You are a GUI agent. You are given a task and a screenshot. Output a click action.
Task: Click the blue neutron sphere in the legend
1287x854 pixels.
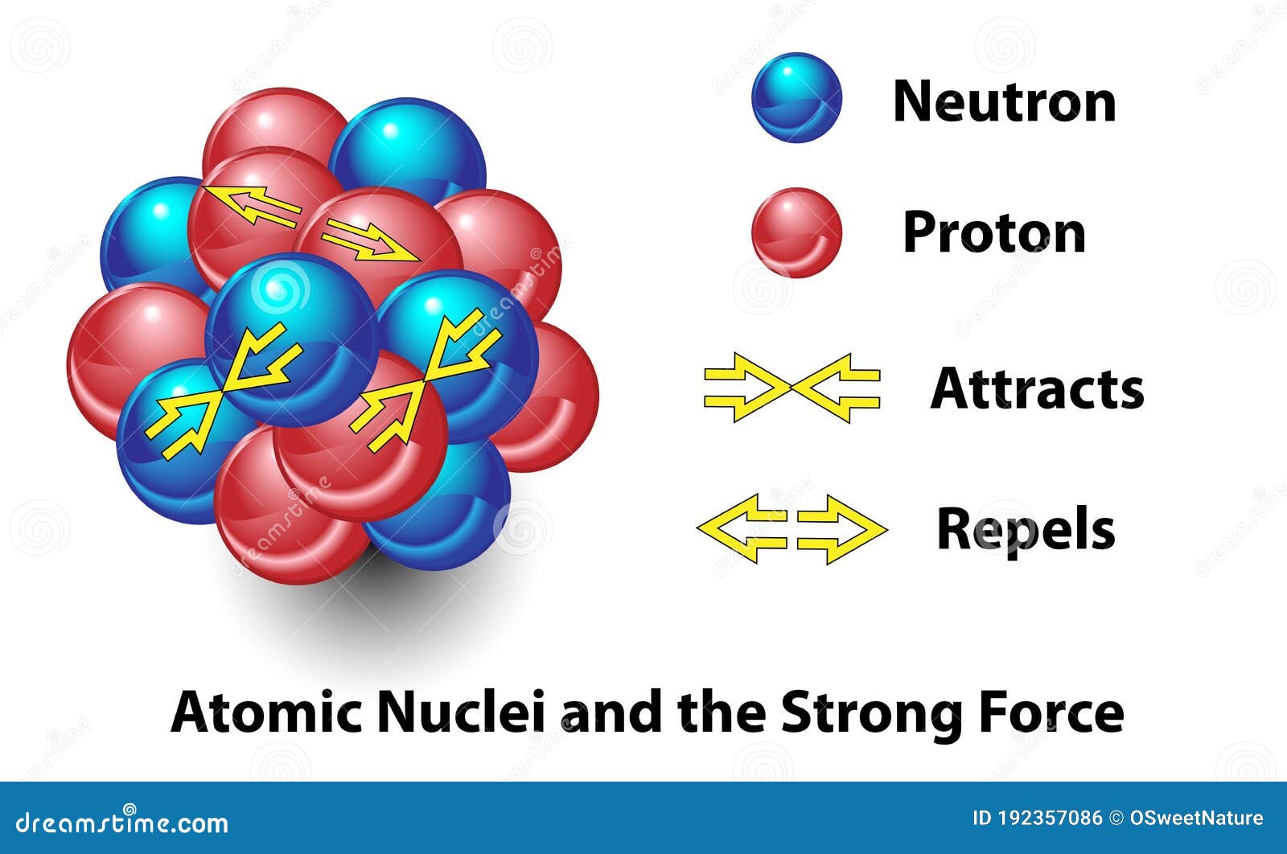click(x=796, y=97)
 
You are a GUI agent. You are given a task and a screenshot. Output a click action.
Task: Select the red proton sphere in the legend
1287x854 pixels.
click(x=797, y=232)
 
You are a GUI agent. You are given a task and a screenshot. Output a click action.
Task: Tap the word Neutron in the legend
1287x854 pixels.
click(x=1005, y=101)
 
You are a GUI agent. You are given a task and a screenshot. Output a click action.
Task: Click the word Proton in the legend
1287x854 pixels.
click(x=994, y=232)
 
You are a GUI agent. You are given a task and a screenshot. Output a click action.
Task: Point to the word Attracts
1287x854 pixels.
click(x=1037, y=388)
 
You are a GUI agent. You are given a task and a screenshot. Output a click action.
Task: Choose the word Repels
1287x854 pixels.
click(x=1026, y=529)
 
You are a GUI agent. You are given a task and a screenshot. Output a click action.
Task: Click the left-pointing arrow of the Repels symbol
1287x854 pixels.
click(x=741, y=528)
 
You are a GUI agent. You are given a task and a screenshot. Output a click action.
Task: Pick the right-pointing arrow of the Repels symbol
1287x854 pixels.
click(x=842, y=529)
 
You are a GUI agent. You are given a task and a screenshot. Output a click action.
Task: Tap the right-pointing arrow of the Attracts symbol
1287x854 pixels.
click(x=747, y=388)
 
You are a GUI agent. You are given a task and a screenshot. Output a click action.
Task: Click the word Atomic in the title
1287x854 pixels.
click(x=266, y=712)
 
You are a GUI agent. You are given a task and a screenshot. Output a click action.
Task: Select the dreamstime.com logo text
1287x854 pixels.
click(x=121, y=823)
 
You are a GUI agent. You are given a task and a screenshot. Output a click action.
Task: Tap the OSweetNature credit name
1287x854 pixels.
click(x=1196, y=818)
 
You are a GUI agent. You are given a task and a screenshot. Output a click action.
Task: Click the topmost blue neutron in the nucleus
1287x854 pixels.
click(x=407, y=150)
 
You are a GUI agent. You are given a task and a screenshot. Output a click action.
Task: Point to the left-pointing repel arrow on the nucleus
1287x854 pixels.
click(x=251, y=206)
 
